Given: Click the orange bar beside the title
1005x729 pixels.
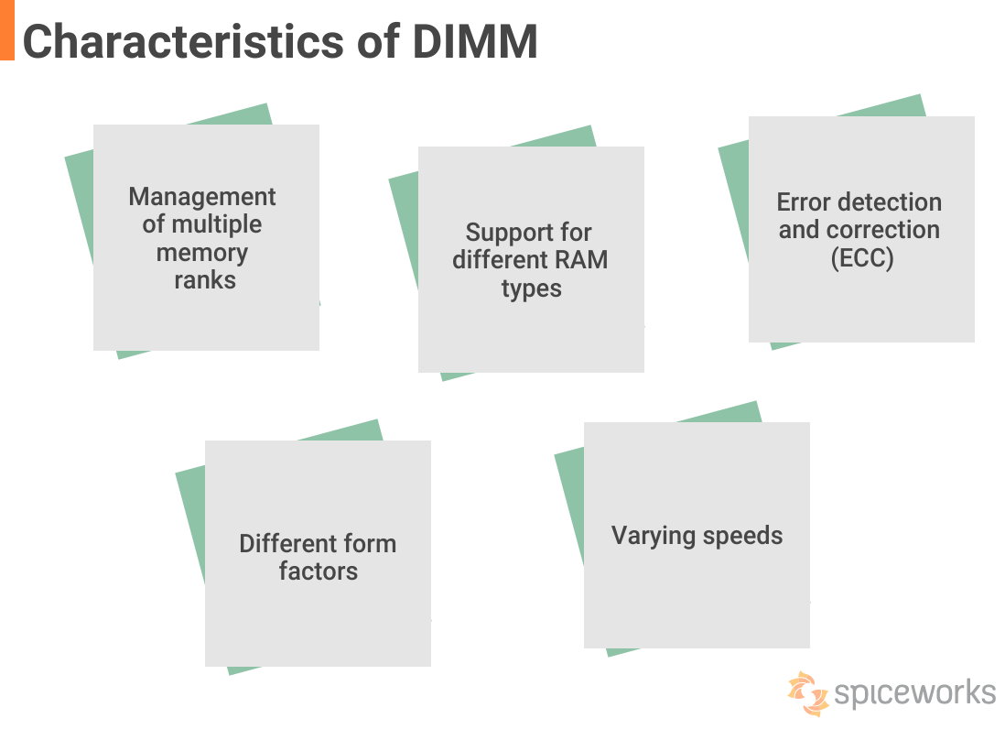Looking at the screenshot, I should [x=6, y=30].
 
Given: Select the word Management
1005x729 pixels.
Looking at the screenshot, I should [x=202, y=197].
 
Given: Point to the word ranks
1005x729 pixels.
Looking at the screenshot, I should [x=205, y=280].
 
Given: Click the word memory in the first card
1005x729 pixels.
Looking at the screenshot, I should [x=202, y=253].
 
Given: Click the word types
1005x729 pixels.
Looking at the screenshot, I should [x=531, y=288].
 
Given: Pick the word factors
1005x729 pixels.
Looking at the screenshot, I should [x=319, y=571].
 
